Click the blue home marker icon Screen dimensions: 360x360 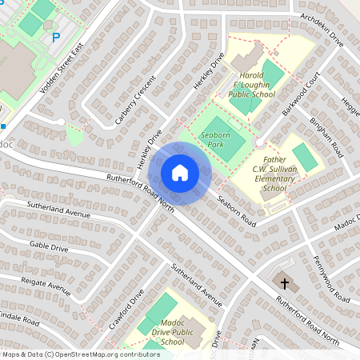(x=180, y=173)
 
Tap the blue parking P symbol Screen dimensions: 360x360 (x=55, y=37)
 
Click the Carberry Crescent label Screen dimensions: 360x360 (x=129, y=102)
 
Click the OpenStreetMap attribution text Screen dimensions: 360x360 (x=80, y=354)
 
